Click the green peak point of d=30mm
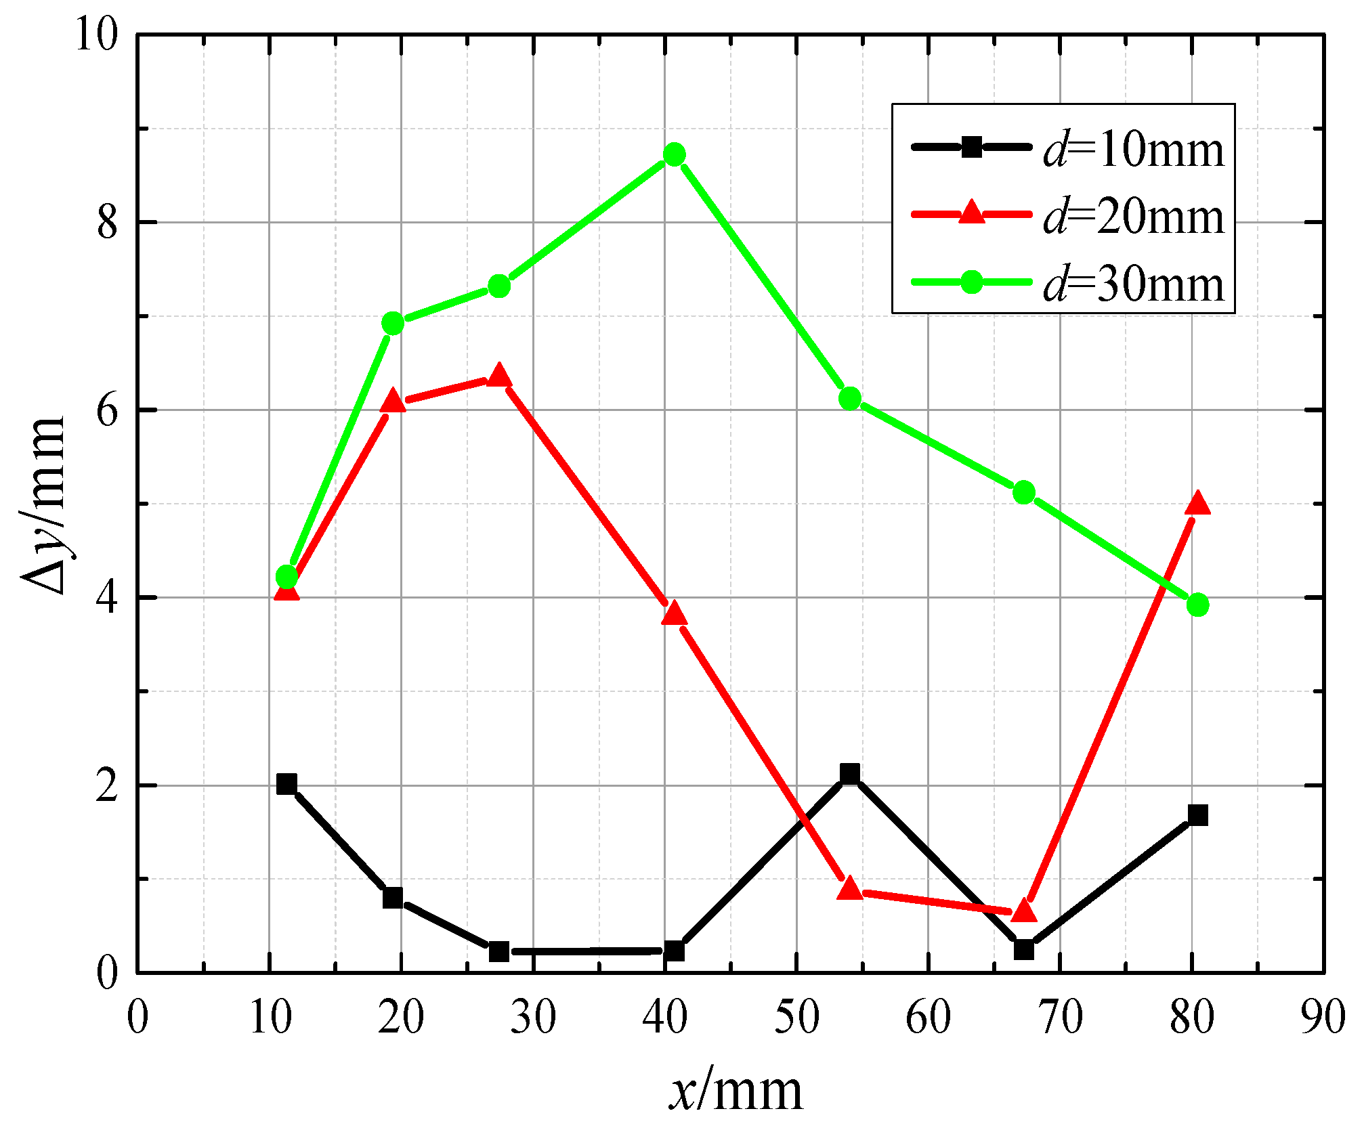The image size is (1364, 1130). (x=674, y=155)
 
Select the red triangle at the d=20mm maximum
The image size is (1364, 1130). (x=499, y=376)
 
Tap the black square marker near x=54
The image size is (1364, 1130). (x=850, y=773)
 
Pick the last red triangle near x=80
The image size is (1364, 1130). (x=1197, y=504)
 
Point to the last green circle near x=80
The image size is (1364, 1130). (x=1197, y=605)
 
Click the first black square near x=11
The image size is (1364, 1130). (x=286, y=784)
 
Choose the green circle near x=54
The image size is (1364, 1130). (x=850, y=399)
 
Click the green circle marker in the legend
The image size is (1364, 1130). (x=972, y=281)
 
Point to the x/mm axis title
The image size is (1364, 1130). (x=736, y=1091)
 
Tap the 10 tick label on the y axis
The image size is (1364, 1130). (x=95, y=34)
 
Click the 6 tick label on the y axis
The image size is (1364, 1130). (x=107, y=410)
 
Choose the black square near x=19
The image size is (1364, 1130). (x=393, y=898)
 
